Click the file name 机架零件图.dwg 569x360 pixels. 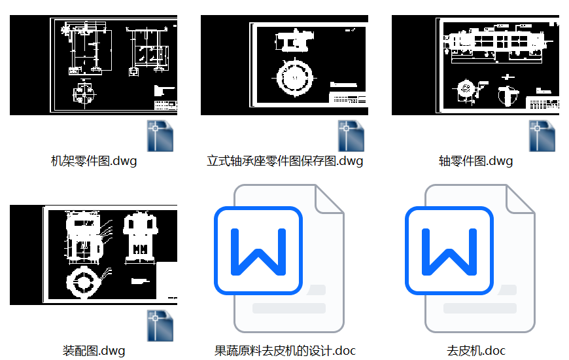coord(94,161)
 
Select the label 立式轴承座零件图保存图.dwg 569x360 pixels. coord(284,161)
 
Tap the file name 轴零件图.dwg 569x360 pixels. coord(475,161)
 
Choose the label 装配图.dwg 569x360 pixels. coord(94,351)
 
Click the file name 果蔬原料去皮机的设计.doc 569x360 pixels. coord(284,351)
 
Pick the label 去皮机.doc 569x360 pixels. coord(475,351)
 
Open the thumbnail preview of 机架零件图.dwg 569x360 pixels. coord(94,65)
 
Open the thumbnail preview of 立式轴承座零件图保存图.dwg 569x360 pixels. coord(284,65)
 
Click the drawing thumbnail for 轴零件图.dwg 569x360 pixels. coord(475,65)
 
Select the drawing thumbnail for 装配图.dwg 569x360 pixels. coord(94,255)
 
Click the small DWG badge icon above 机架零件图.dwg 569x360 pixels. coord(161,136)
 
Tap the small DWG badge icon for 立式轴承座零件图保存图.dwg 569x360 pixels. coord(352,136)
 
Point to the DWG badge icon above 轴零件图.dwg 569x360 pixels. coord(543,136)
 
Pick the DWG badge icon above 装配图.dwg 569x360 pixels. coord(161,326)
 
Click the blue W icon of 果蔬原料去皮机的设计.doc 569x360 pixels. coord(258,250)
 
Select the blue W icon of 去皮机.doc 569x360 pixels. coord(449,250)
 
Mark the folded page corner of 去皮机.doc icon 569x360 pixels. coord(521,200)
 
